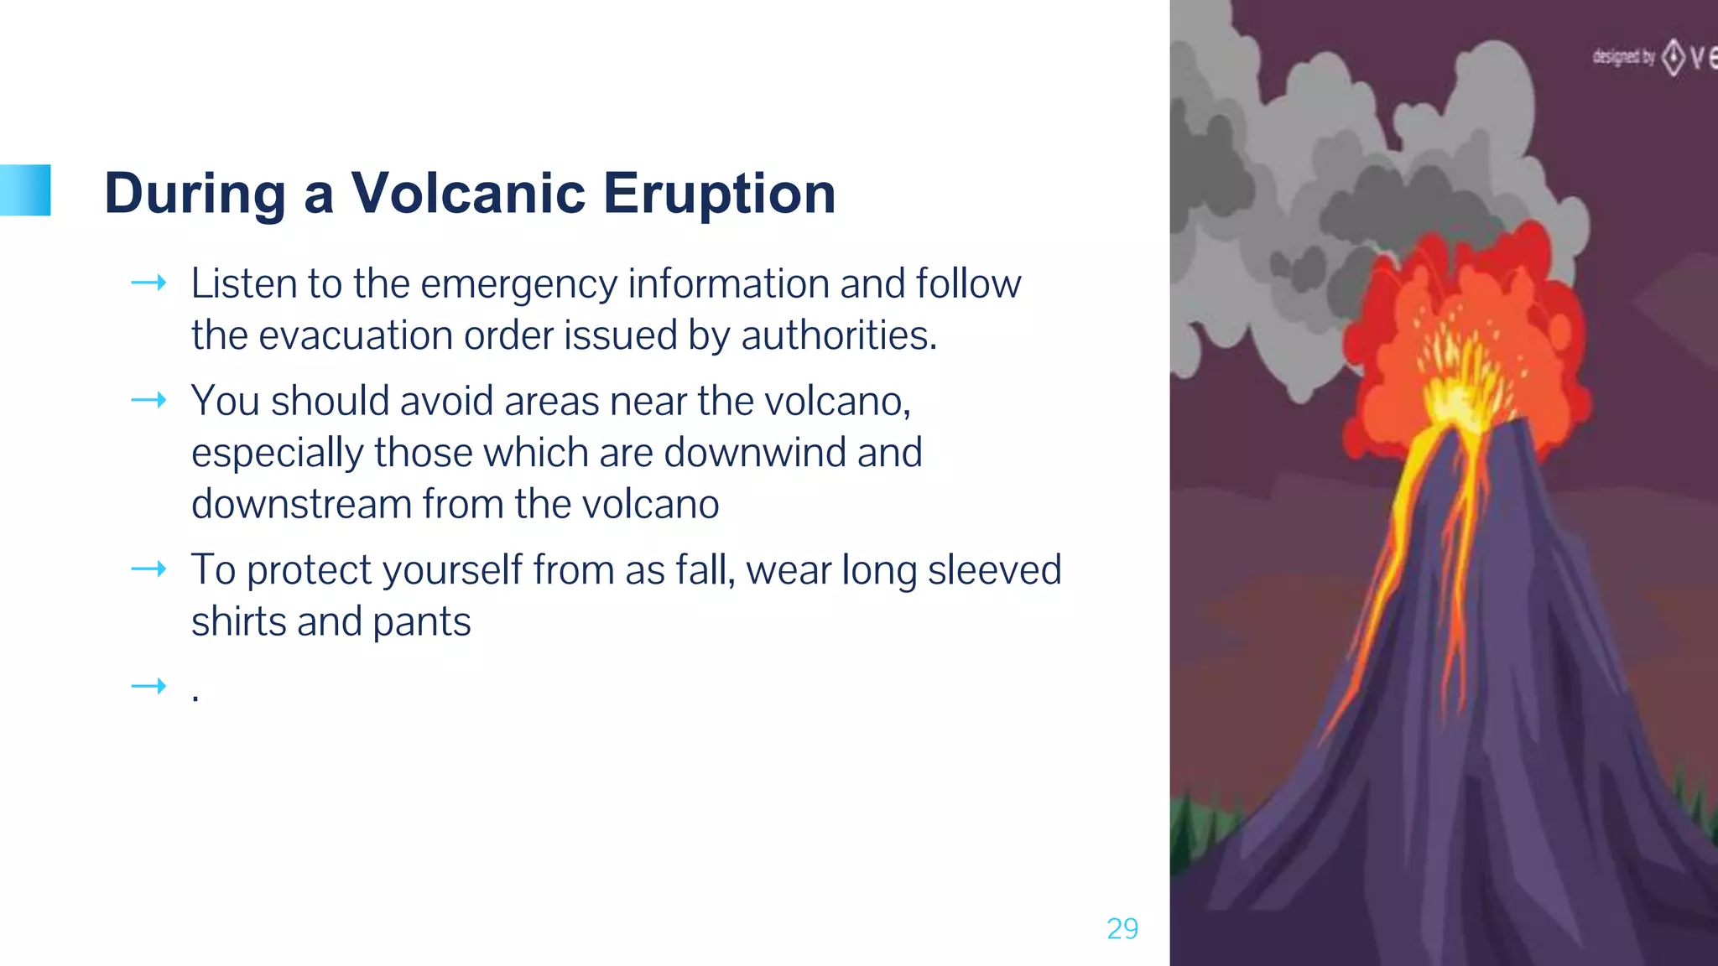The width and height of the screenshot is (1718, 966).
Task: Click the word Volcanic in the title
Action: click(468, 193)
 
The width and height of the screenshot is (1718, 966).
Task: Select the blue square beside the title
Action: click(25, 190)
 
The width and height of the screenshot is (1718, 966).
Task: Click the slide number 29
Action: click(1122, 928)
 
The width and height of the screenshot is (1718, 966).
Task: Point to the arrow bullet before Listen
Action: click(148, 283)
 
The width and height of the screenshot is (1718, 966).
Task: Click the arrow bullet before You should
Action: click(148, 401)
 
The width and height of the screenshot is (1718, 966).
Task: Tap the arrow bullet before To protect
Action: click(148, 570)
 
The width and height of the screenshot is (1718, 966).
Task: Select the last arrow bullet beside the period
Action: click(148, 688)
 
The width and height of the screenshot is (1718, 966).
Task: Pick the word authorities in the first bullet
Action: click(837, 335)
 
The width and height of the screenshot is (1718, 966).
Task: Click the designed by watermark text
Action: click(1623, 57)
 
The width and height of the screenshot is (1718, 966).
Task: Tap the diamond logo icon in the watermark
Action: click(1674, 57)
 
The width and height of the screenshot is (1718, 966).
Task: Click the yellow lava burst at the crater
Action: click(1455, 386)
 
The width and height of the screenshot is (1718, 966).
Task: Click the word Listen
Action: click(242, 283)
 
